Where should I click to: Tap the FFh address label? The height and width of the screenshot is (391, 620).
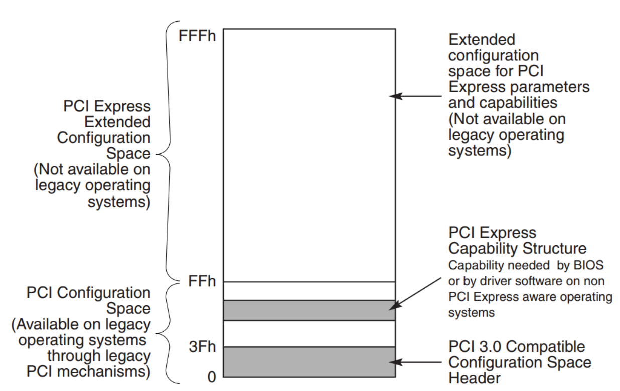click(202, 282)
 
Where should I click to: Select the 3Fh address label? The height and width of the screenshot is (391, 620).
click(202, 346)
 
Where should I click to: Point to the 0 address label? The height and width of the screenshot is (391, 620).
click(212, 377)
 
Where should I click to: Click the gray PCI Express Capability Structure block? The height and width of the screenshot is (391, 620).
click(309, 310)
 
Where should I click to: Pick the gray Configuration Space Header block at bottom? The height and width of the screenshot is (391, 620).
click(309, 362)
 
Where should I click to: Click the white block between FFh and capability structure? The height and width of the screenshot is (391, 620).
click(309, 291)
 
